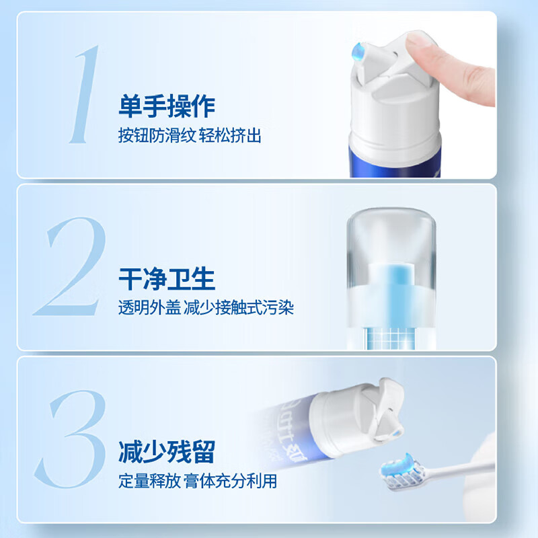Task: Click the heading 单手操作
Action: [166, 106]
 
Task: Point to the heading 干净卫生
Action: [166, 279]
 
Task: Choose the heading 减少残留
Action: [166, 452]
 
